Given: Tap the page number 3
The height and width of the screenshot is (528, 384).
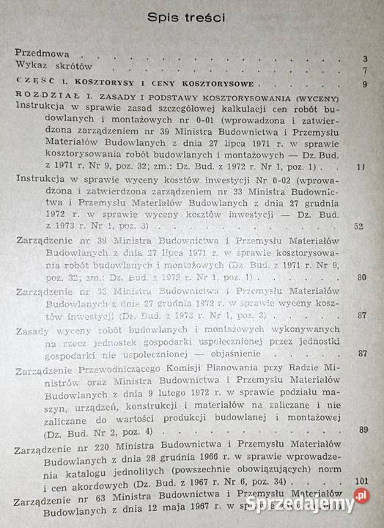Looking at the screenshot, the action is pos(363,59).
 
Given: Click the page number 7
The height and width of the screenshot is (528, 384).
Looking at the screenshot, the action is pos(363,71).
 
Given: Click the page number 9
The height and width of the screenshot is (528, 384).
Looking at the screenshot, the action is pos(363,86).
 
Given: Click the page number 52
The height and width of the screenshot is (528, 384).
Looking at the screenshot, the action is pos(358,226).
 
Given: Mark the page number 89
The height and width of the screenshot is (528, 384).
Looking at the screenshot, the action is pos(362,430).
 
